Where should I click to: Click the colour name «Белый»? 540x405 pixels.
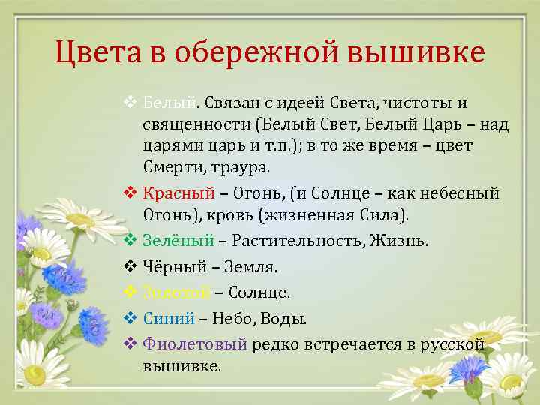click(x=169, y=101)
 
